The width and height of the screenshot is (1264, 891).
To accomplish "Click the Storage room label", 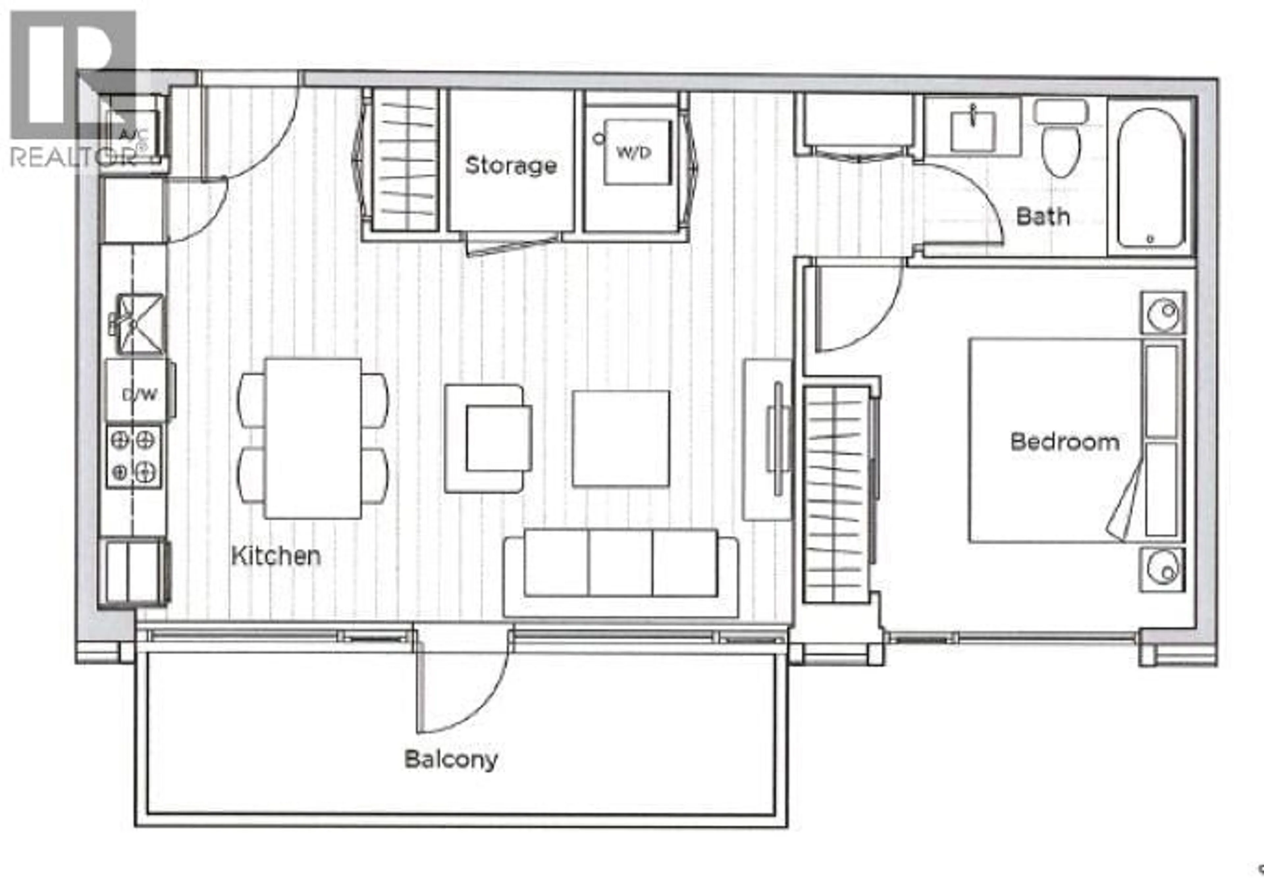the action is [511, 165].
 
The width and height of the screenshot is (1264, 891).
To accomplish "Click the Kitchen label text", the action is [276, 556].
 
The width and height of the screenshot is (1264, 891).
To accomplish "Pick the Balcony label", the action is [451, 760].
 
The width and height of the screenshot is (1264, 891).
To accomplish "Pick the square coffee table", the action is [621, 439].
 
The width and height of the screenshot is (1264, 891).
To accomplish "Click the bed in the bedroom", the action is [1076, 440].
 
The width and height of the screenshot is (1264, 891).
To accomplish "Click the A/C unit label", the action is [130, 134].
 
